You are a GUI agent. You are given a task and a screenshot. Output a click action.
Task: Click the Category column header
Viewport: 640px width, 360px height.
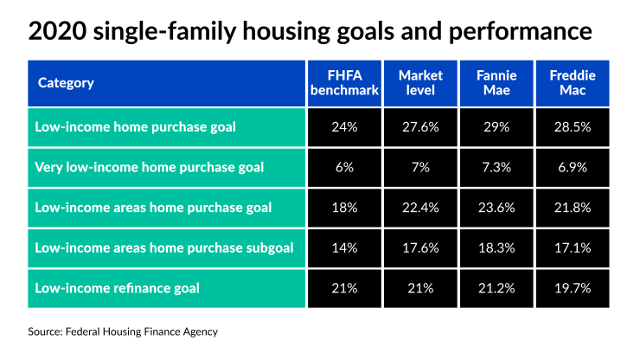66,83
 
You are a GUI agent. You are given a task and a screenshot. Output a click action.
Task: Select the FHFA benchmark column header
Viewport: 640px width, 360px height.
343,83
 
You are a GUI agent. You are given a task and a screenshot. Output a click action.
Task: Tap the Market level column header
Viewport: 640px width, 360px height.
420,83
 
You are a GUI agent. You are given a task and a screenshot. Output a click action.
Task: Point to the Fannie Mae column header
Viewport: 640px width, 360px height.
496,83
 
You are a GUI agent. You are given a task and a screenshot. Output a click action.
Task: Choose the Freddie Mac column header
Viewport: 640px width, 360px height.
572,83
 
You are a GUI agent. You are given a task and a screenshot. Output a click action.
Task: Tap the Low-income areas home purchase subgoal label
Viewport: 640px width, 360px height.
164,247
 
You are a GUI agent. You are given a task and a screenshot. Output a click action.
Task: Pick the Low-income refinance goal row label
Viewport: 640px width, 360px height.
117,288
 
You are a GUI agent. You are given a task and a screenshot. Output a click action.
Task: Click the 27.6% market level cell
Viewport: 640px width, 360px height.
420,126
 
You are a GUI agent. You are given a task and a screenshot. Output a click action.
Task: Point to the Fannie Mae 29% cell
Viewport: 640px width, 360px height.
496,126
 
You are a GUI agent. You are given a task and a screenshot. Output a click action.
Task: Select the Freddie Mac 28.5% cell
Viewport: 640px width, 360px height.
572,126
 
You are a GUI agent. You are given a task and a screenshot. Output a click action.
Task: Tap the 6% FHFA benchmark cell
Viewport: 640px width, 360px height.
343,167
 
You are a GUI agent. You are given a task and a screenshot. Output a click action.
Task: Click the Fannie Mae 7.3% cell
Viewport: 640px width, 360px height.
496,167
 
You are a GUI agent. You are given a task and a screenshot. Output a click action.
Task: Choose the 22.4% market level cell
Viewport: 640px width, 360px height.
420,208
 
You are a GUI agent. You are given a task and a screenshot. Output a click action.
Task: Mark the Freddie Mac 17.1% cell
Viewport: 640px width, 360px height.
572,247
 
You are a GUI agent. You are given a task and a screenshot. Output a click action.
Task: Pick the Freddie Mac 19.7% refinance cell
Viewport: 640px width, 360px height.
572,288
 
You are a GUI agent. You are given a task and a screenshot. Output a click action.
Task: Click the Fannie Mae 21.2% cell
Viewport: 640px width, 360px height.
496,288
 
